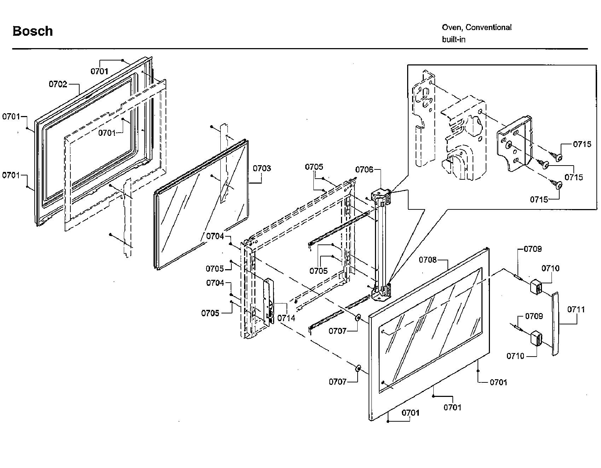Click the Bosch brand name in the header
coord(33,31)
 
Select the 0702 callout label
coord(58,84)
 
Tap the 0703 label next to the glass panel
coord(262,168)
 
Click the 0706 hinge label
coord(364,170)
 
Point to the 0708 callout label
coord(428,260)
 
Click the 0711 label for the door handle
coord(576,310)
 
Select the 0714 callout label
coord(286,318)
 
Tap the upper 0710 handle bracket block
coord(536,286)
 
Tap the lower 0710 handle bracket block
coord(536,338)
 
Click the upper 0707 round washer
coord(358,318)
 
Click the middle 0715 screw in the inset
coord(545,164)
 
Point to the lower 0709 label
coord(534,316)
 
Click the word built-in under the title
coord(453,40)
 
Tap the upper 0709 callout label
coord(532,249)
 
